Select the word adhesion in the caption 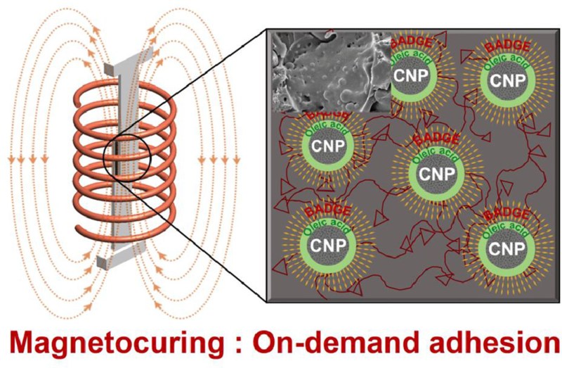[x=495, y=345]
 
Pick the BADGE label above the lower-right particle [x=507, y=212]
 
